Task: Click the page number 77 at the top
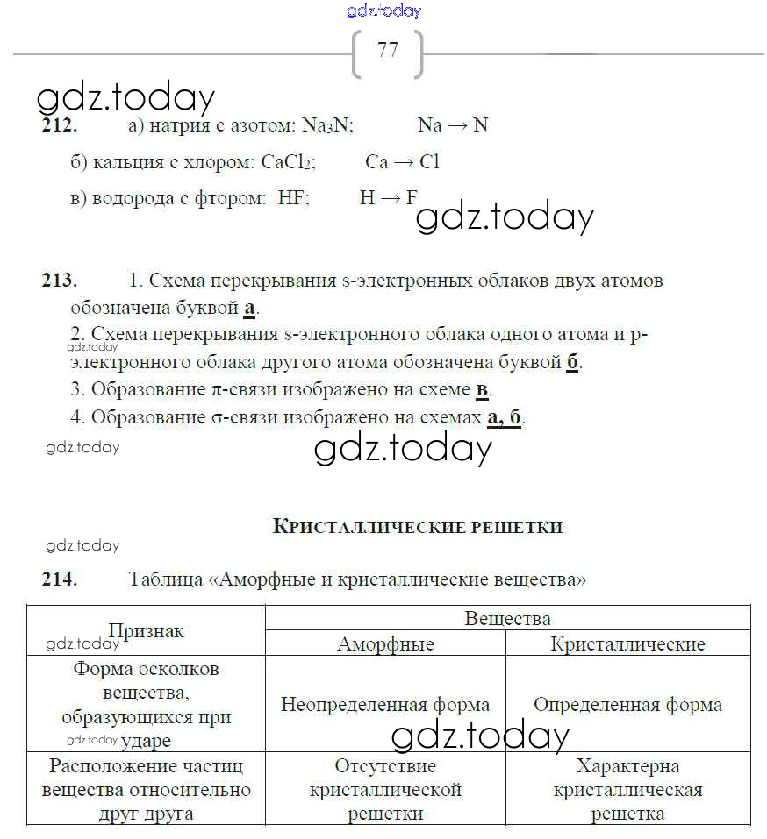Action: click(x=387, y=50)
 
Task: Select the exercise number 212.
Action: click(x=60, y=125)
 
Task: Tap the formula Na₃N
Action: click(x=327, y=125)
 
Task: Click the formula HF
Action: click(x=293, y=198)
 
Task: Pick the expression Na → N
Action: click(x=453, y=125)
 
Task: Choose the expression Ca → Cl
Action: click(x=402, y=162)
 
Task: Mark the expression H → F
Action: click(x=388, y=198)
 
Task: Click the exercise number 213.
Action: click(x=60, y=281)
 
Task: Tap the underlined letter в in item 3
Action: click(x=482, y=389)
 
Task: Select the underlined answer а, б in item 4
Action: click(x=504, y=417)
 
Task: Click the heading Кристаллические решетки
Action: click(x=418, y=527)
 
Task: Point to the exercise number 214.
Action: click(x=60, y=579)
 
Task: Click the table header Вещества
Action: click(x=507, y=619)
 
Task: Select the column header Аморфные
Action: click(x=385, y=644)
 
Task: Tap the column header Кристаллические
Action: click(x=627, y=644)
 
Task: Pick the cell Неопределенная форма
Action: click(x=385, y=705)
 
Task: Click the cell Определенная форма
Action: click(x=627, y=705)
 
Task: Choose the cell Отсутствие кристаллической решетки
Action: click(x=385, y=790)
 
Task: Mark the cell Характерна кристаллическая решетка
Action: click(x=627, y=790)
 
